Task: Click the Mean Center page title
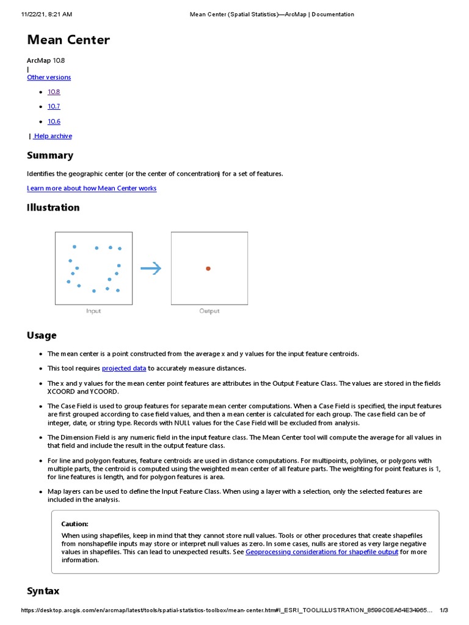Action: [68, 40]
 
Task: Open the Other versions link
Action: [49, 78]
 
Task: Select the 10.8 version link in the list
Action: [54, 92]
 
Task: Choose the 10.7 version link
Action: [54, 106]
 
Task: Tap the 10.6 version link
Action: [54, 121]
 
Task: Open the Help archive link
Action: [53, 136]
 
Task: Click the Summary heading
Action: [50, 156]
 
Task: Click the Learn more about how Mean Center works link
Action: [92, 189]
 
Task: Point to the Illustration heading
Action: [53, 208]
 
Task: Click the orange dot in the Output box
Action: [208, 269]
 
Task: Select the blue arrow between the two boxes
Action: [151, 269]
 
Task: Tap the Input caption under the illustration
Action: [93, 311]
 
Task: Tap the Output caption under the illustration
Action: [209, 311]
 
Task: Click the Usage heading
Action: [42, 335]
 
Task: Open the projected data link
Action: [124, 368]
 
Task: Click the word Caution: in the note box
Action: [75, 524]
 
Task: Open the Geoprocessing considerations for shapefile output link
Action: [322, 552]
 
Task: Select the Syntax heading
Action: [43, 591]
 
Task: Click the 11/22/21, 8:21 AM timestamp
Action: [46, 14]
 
